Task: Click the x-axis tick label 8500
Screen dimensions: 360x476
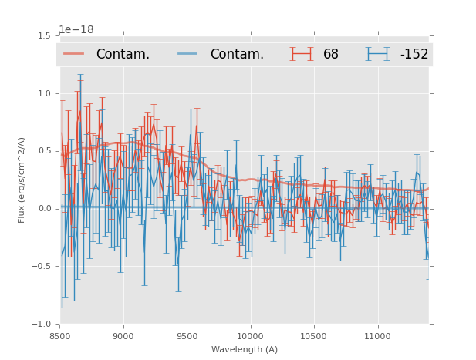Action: (59, 336)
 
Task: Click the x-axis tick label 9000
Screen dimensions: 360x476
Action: (123, 336)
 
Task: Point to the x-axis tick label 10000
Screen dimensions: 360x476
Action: (250, 336)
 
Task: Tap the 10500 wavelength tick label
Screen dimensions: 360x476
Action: (314, 336)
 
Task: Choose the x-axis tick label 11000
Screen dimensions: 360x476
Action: (377, 336)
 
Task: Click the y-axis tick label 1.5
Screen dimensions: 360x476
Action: (44, 36)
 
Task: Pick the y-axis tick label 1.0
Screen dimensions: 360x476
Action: (44, 93)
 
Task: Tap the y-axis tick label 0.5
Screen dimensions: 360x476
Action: (44, 151)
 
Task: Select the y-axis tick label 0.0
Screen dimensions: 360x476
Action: (44, 209)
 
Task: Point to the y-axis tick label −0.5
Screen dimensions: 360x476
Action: (42, 267)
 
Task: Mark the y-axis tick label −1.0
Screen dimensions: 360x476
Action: (42, 325)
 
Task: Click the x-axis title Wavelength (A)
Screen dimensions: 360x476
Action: (245, 349)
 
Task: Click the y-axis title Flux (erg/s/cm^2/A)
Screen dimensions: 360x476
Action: (22, 180)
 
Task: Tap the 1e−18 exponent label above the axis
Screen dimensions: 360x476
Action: (76, 30)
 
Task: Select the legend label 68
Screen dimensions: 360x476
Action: (331, 55)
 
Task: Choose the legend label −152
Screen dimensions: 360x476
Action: (414, 55)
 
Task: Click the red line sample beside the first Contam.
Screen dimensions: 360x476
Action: (75, 54)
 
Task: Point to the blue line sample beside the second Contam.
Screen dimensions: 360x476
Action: (189, 54)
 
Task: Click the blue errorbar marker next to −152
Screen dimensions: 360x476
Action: (377, 54)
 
